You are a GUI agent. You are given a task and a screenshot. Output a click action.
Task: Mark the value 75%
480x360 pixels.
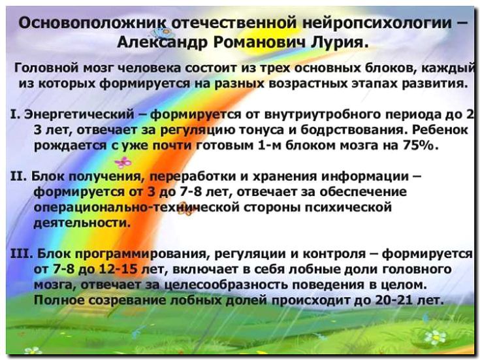419,145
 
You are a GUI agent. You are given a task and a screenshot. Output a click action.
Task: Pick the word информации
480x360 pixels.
366,176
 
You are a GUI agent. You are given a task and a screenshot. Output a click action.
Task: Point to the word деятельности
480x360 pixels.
74,223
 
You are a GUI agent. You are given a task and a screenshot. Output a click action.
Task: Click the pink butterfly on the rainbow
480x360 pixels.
122,162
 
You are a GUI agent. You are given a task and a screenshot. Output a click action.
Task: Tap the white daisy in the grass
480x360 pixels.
434,337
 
